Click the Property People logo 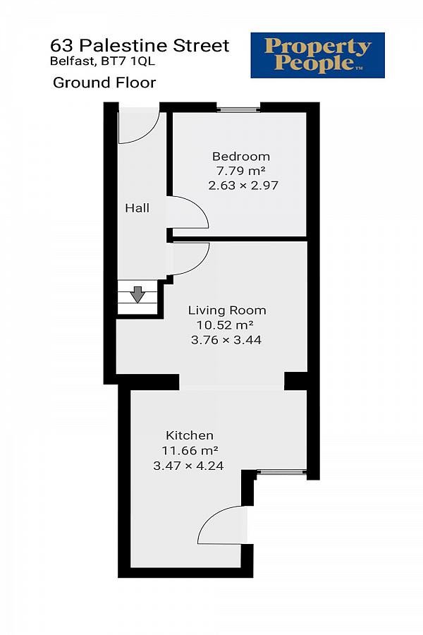(318, 56)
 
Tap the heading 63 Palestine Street (140, 46)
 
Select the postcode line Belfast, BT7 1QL (102, 61)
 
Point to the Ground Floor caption (104, 83)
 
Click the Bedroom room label (241, 157)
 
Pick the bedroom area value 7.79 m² (240, 171)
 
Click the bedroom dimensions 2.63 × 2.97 (243, 186)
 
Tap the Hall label (137, 208)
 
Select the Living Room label (227, 310)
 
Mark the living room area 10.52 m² (225, 325)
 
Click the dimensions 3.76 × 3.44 (226, 340)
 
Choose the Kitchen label (190, 436)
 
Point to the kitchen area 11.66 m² (190, 450)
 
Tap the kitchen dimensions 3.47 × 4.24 (188, 466)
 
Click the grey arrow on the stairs (137, 294)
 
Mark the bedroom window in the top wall (238, 109)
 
